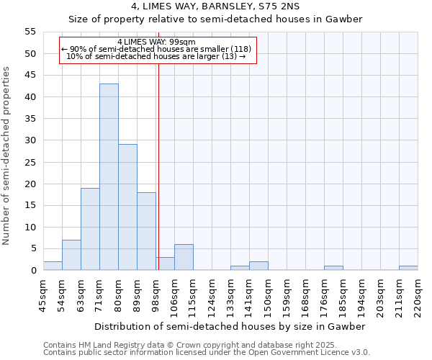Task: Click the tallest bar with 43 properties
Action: pos(109,177)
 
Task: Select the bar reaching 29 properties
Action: pos(127,207)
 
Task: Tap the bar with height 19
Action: pos(90,229)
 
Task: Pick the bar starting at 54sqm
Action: pos(71,255)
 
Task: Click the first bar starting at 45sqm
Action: pos(53,266)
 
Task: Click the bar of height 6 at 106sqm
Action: pos(184,257)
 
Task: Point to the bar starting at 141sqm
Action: pos(258,266)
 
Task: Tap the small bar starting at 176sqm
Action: pos(333,268)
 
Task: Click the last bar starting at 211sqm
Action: pos(408,268)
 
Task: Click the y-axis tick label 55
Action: pos(30,32)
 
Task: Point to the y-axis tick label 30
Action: pos(30,140)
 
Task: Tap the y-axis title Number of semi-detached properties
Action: pos(7,156)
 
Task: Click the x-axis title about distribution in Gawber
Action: pos(230,326)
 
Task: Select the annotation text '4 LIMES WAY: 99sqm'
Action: pos(156,42)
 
